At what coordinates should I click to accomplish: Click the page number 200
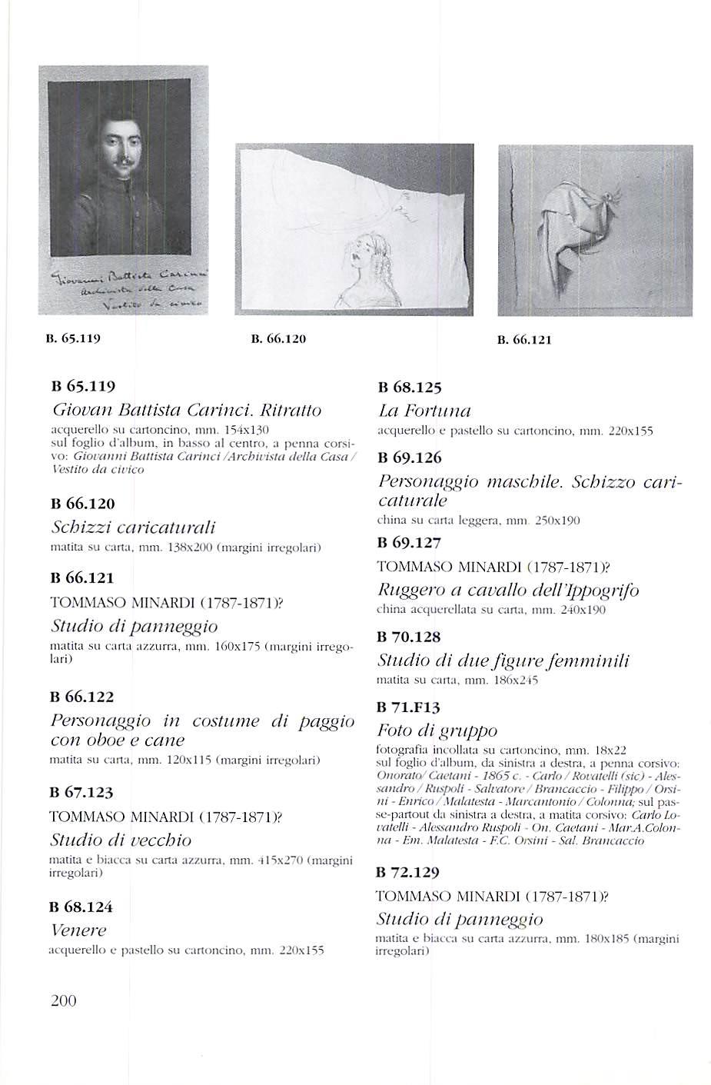click(x=63, y=1000)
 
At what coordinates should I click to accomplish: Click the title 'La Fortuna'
click(x=424, y=411)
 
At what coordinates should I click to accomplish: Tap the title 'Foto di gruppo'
click(x=437, y=731)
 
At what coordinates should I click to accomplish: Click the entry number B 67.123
click(x=81, y=792)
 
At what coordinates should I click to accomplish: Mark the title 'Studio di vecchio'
click(x=121, y=840)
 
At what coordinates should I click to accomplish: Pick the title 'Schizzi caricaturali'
click(x=133, y=528)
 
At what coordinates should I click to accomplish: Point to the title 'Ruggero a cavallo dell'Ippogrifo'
click(x=507, y=591)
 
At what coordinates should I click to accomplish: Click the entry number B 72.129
click(x=408, y=873)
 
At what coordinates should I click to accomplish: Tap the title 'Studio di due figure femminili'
click(x=503, y=661)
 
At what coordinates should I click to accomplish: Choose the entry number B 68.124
click(x=81, y=907)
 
